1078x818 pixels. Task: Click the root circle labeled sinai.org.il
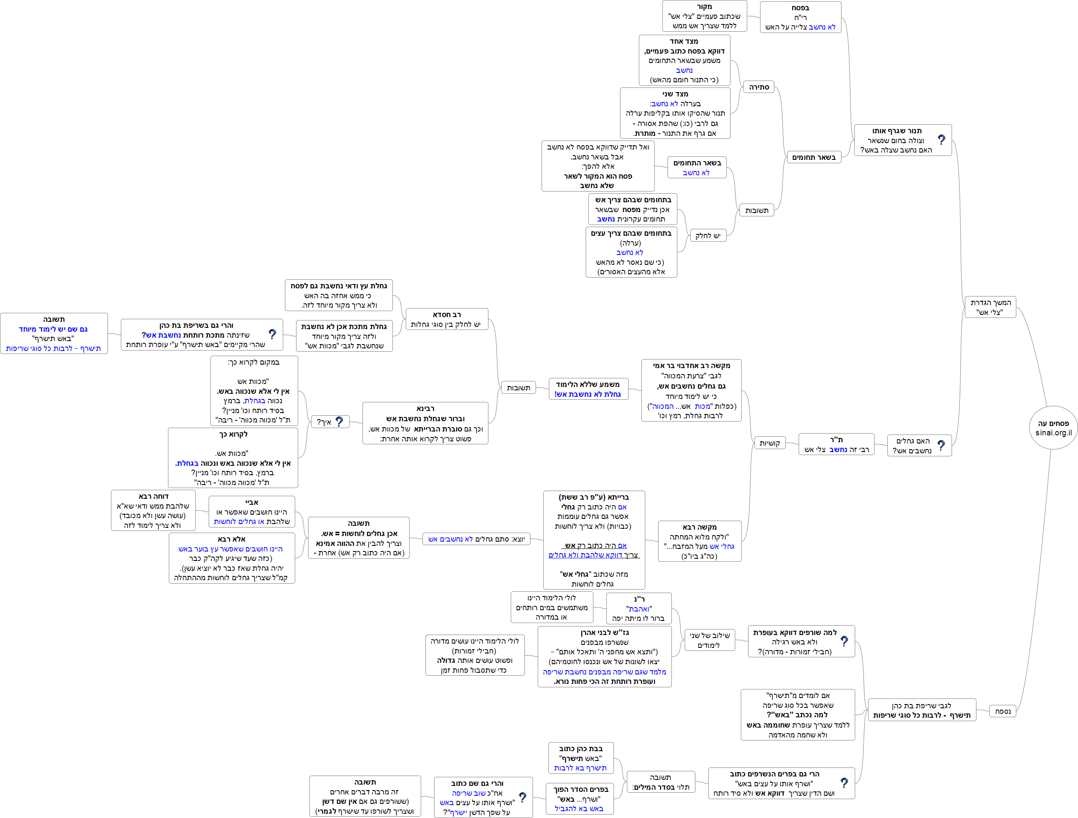[1053, 428]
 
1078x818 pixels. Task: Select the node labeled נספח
[1003, 711]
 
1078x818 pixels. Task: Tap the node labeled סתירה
[759, 87]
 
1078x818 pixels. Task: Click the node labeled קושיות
[770, 443]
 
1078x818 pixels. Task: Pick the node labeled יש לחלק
[708, 235]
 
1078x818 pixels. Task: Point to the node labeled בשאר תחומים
[813, 157]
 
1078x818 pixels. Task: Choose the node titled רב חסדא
[446, 319]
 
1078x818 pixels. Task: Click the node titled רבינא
[425, 423]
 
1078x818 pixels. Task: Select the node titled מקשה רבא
[699, 541]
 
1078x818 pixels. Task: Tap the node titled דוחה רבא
[153, 510]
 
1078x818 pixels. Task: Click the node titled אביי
[252, 511]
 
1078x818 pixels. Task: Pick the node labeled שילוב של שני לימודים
[709, 640]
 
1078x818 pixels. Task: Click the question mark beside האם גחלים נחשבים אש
[941, 445]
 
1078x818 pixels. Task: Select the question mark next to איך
[339, 421]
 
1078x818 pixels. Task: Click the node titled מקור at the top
[704, 16]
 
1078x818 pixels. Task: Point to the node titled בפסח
[800, 17]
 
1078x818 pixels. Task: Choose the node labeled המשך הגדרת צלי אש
[990, 307]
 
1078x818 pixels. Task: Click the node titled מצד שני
[675, 113]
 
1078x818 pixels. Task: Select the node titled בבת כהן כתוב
[581, 758]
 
